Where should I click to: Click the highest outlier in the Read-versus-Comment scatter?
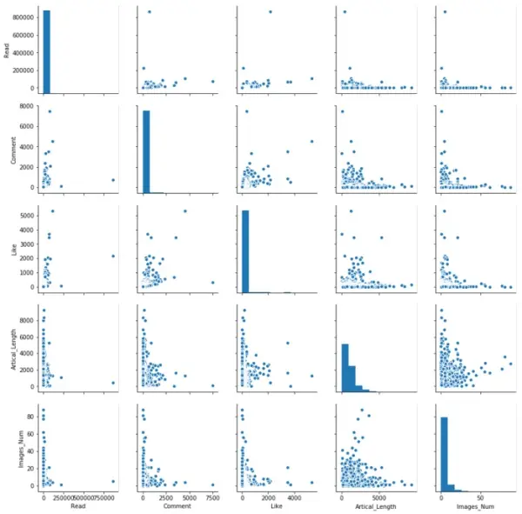(x=150, y=11)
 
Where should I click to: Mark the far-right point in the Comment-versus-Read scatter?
(x=113, y=180)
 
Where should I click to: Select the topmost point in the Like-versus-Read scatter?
(x=52, y=210)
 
